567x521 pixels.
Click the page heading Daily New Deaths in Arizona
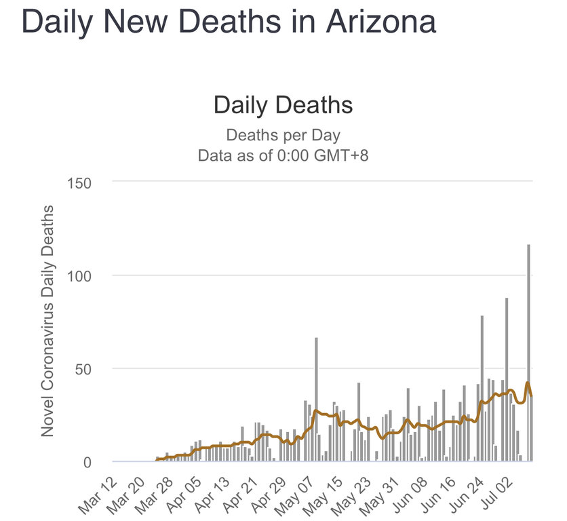(229, 22)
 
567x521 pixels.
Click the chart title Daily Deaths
(283, 106)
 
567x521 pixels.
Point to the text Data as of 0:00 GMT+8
(283, 155)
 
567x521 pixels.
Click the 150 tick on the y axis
(80, 182)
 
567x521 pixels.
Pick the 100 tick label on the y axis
(80, 275)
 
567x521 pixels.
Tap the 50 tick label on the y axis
(85, 368)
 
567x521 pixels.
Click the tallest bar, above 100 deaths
(528, 353)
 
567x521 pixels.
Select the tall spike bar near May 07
(316, 400)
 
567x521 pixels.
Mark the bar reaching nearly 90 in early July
(506, 380)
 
